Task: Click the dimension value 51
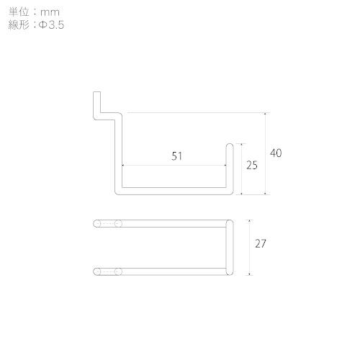tap(177, 156)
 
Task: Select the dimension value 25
tap(252, 166)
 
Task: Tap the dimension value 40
tap(276, 153)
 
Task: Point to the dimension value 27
tap(261, 243)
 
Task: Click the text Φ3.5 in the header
tap(51, 25)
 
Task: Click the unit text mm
tap(50, 12)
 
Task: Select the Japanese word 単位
tap(19, 12)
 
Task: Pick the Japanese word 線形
tap(19, 24)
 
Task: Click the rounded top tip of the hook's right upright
tap(230, 144)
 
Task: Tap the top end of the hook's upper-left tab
tap(96, 92)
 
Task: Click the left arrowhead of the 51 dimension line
tap(123, 165)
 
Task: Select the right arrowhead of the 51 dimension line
tap(225, 165)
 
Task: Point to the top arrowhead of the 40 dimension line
tap(265, 114)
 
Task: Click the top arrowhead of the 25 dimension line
tap(241, 145)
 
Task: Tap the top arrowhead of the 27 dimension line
tap(250, 221)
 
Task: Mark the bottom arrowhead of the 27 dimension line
tap(250, 274)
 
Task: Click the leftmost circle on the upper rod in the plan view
tap(96, 224)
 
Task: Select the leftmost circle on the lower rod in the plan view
tap(96, 271)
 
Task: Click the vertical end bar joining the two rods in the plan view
tap(230, 248)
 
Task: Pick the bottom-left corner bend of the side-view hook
tap(118, 192)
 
